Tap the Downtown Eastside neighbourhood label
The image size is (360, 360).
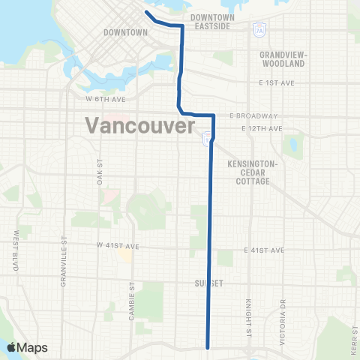212,21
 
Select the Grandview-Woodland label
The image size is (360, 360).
282,60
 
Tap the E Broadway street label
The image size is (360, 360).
254,115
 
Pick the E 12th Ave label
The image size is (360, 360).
263,129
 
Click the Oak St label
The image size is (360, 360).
98,171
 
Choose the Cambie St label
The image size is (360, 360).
131,304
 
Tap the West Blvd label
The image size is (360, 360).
15,250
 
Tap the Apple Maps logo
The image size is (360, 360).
27,347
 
